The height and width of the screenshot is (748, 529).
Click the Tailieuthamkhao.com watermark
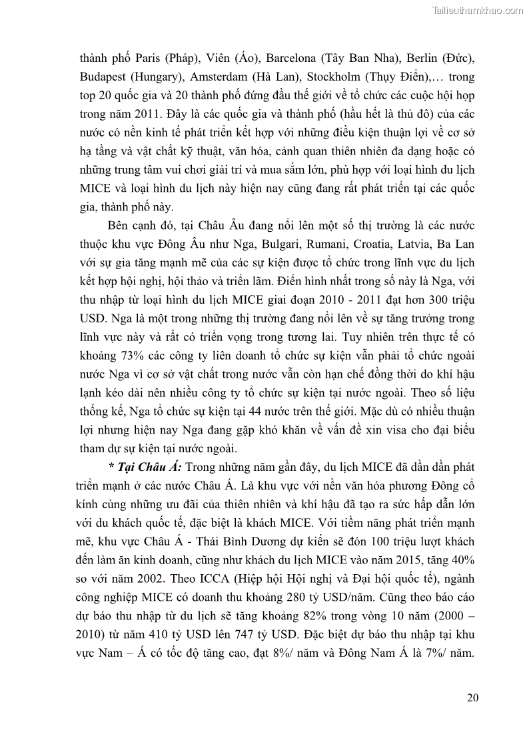click(477, 11)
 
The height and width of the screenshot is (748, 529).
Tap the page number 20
click(472, 697)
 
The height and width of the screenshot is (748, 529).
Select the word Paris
click(145, 58)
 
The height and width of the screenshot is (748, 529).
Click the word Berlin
click(400, 58)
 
